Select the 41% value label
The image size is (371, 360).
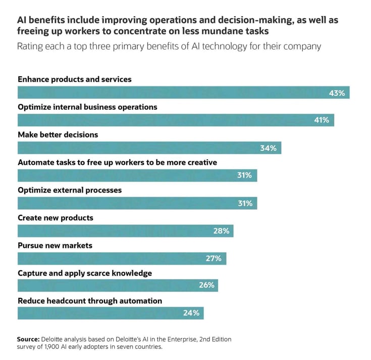[322, 121]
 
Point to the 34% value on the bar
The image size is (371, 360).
[269, 148]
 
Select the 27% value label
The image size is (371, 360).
[214, 259]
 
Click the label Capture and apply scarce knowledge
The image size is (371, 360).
[85, 273]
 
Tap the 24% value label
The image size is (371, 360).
[191, 314]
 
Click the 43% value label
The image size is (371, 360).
[337, 93]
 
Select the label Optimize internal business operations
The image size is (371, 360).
[87, 107]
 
